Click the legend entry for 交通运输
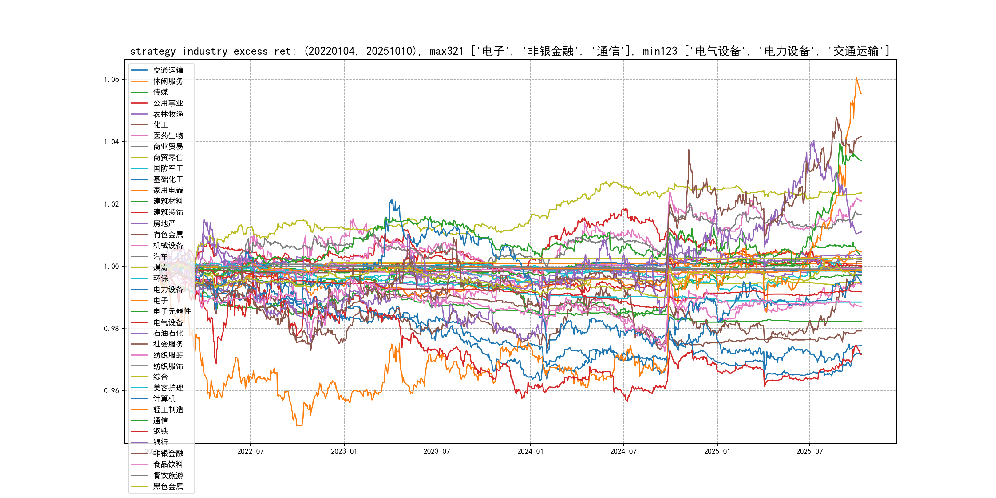pyautogui.click(x=168, y=70)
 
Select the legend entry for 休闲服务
pyautogui.click(x=168, y=81)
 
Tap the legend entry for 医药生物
pyautogui.click(x=168, y=136)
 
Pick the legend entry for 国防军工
pyautogui.click(x=168, y=168)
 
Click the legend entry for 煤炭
pyautogui.click(x=160, y=267)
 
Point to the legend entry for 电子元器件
pyautogui.click(x=172, y=311)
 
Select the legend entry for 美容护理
pyautogui.click(x=168, y=387)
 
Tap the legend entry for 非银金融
pyautogui.click(x=168, y=453)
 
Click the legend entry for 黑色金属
pyautogui.click(x=168, y=486)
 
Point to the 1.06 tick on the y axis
pyautogui.click(x=111, y=80)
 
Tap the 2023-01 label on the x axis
pyautogui.click(x=344, y=451)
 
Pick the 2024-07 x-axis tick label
pyautogui.click(x=623, y=451)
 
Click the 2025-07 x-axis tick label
pyautogui.click(x=810, y=451)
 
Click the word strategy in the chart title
pyautogui.click(x=153, y=51)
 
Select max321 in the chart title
pyautogui.click(x=446, y=51)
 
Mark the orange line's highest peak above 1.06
pyautogui.click(x=856, y=77)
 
